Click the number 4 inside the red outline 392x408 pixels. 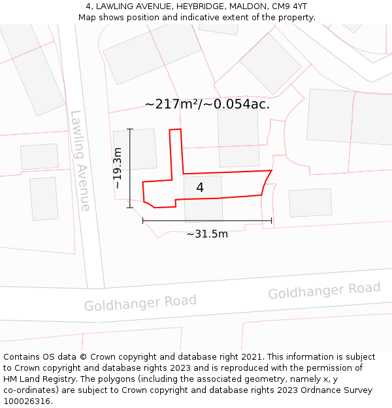[200, 187]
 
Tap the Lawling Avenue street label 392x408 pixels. [80, 161]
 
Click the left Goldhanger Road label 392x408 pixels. [140, 303]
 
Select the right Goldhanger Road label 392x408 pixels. [324, 290]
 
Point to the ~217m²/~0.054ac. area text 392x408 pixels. [207, 104]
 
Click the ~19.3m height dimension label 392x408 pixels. [118, 168]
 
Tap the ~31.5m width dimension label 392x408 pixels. [207, 234]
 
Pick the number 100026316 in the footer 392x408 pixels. [27, 401]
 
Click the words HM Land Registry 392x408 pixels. [35, 379]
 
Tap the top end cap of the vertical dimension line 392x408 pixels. [130, 129]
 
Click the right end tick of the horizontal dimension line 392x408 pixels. [271, 221]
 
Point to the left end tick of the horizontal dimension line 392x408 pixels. [143, 221]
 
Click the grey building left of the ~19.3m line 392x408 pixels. [135, 150]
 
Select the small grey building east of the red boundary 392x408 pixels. [310, 202]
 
